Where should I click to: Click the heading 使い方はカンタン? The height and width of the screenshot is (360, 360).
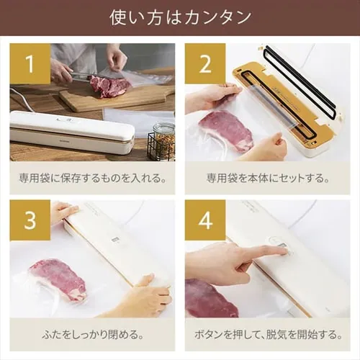(x=180, y=18)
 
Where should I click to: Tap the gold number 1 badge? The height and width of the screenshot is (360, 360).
(x=30, y=63)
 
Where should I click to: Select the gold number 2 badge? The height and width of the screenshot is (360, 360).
(x=205, y=63)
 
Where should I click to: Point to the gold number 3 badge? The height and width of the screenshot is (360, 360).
(x=30, y=220)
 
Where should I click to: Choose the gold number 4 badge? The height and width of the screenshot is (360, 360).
(x=205, y=220)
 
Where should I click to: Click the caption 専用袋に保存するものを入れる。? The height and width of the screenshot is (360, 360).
(x=93, y=179)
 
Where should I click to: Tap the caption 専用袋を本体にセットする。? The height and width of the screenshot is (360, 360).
(x=268, y=179)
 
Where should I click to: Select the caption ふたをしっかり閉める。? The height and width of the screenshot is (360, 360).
(x=93, y=335)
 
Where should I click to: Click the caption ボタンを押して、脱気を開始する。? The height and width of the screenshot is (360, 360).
(x=268, y=335)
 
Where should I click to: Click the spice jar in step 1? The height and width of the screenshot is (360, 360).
(x=163, y=142)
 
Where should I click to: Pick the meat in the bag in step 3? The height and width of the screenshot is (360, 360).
(x=58, y=279)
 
